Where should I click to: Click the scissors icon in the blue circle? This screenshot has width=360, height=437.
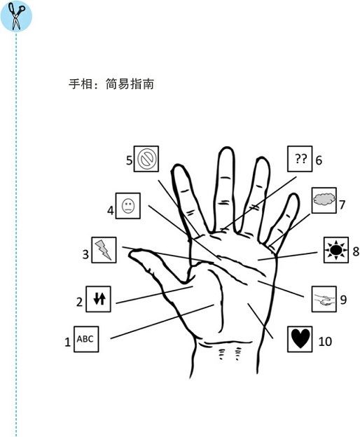16,16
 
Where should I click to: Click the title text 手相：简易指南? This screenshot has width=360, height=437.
111,83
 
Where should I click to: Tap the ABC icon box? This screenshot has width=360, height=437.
86,339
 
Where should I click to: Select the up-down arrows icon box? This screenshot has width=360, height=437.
98,299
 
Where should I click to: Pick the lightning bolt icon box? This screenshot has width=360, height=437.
104,250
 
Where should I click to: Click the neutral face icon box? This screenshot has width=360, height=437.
128,206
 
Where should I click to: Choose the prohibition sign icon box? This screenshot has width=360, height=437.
146,159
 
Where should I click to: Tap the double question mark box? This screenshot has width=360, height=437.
300,159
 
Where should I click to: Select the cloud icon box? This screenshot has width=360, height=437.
324,200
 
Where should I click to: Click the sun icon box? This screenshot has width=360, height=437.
336,250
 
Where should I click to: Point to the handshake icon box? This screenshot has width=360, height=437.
324,299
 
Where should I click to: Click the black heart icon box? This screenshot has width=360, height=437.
300,339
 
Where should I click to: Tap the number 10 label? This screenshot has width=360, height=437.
325,342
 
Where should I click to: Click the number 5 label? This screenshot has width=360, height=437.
129,160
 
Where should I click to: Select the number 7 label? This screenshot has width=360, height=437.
342,204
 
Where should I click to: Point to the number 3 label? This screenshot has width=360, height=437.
85,254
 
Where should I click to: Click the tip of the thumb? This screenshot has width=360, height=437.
130,253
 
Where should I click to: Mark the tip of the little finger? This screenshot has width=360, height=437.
294,194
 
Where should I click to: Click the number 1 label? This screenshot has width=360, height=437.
68,342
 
